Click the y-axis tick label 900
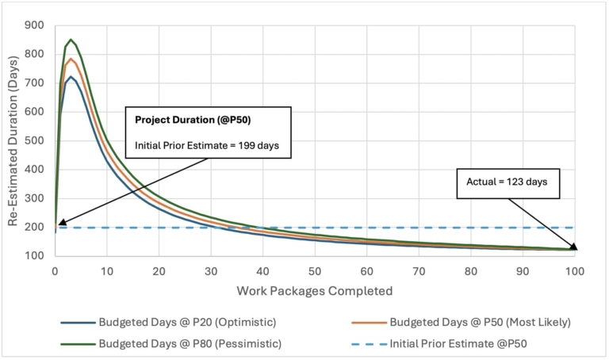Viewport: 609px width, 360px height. pyautogui.click(x=36, y=25)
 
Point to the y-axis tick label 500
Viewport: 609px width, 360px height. pyautogui.click(x=36, y=141)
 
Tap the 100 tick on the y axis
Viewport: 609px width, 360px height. pyautogui.click(x=36, y=256)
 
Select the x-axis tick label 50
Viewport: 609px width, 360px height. pyautogui.click(x=315, y=270)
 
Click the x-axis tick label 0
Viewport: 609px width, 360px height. pyautogui.click(x=55, y=270)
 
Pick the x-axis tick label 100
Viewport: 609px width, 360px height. pyautogui.click(x=574, y=270)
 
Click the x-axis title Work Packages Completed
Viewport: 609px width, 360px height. pyautogui.click(x=314, y=290)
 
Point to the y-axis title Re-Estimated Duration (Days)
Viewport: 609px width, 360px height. pyautogui.click(x=13, y=141)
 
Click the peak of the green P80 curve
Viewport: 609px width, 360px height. pyautogui.click(x=71, y=40)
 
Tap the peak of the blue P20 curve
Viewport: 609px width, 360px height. pyautogui.click(x=71, y=77)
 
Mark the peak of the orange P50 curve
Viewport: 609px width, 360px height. pyautogui.click(x=71, y=59)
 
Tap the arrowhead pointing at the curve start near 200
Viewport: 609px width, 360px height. pyautogui.click(x=60, y=224)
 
